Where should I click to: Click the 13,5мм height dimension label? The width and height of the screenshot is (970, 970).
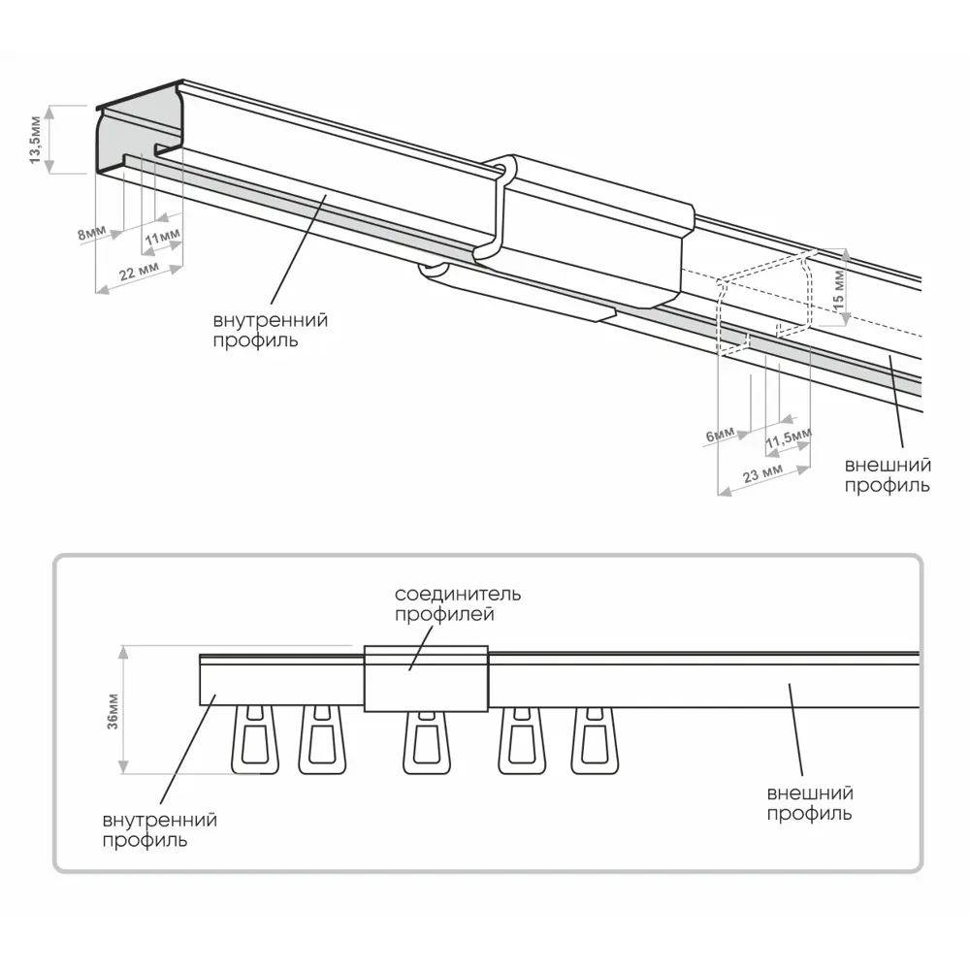36,139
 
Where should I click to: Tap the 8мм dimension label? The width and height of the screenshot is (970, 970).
92,236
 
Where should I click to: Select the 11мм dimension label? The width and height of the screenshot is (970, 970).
162,236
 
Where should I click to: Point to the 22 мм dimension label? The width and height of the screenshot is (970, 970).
139,273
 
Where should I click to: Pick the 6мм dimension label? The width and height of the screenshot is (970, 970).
721,436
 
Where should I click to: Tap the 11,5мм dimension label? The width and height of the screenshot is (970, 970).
787,440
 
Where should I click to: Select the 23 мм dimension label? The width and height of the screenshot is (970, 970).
763,473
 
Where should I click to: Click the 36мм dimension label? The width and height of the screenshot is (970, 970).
113,711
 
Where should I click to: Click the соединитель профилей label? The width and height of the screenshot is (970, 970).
458,603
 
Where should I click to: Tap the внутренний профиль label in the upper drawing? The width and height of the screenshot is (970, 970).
271,330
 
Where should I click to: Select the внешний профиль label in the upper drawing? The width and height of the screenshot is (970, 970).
888,475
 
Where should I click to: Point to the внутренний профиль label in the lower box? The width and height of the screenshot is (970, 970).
160,830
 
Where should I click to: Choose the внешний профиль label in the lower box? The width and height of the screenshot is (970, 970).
810,804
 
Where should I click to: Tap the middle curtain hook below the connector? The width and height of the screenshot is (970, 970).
424,743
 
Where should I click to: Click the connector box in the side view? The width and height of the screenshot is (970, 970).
425,677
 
